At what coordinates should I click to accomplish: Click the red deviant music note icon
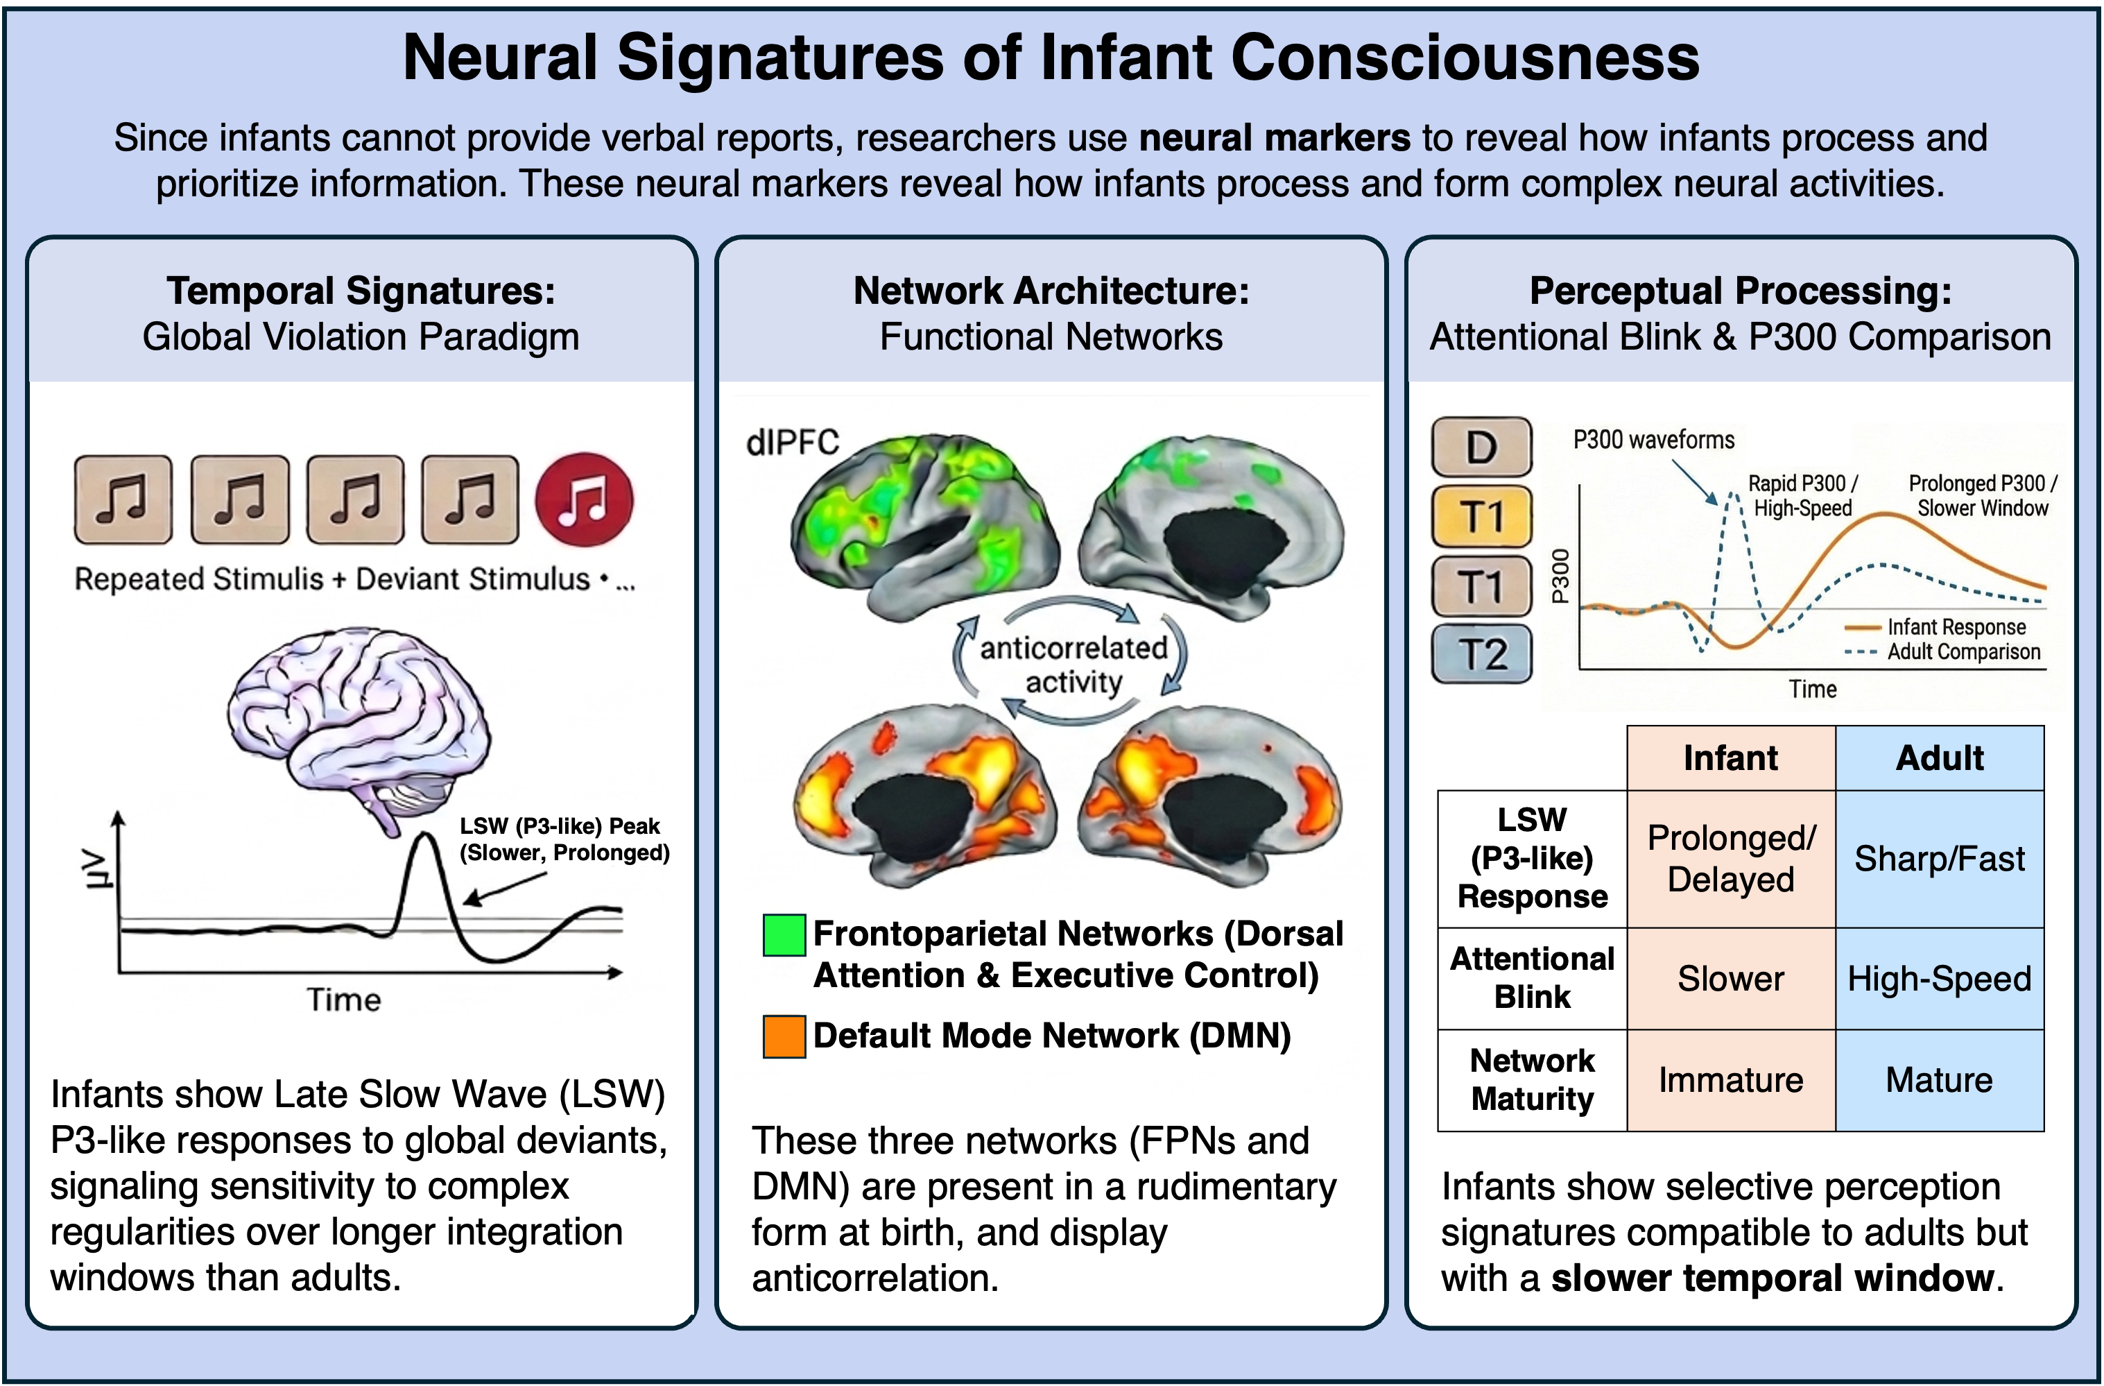(585, 499)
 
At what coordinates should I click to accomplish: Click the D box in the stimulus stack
(1482, 447)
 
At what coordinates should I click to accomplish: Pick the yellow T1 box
(1482, 517)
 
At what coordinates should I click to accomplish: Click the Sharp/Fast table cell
(1940, 859)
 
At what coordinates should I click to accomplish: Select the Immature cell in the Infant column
(1731, 1080)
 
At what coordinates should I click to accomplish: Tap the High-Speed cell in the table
(1940, 978)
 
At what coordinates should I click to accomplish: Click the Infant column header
(1731, 758)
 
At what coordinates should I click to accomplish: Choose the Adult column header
(1940, 758)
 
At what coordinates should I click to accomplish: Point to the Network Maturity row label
(1532, 1080)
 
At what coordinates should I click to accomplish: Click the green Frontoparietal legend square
(784, 935)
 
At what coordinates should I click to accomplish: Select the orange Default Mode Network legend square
(784, 1036)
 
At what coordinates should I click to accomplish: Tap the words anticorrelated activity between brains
(1073, 665)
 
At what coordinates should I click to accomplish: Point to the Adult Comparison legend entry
(1943, 652)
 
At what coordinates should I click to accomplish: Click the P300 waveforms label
(1654, 440)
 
